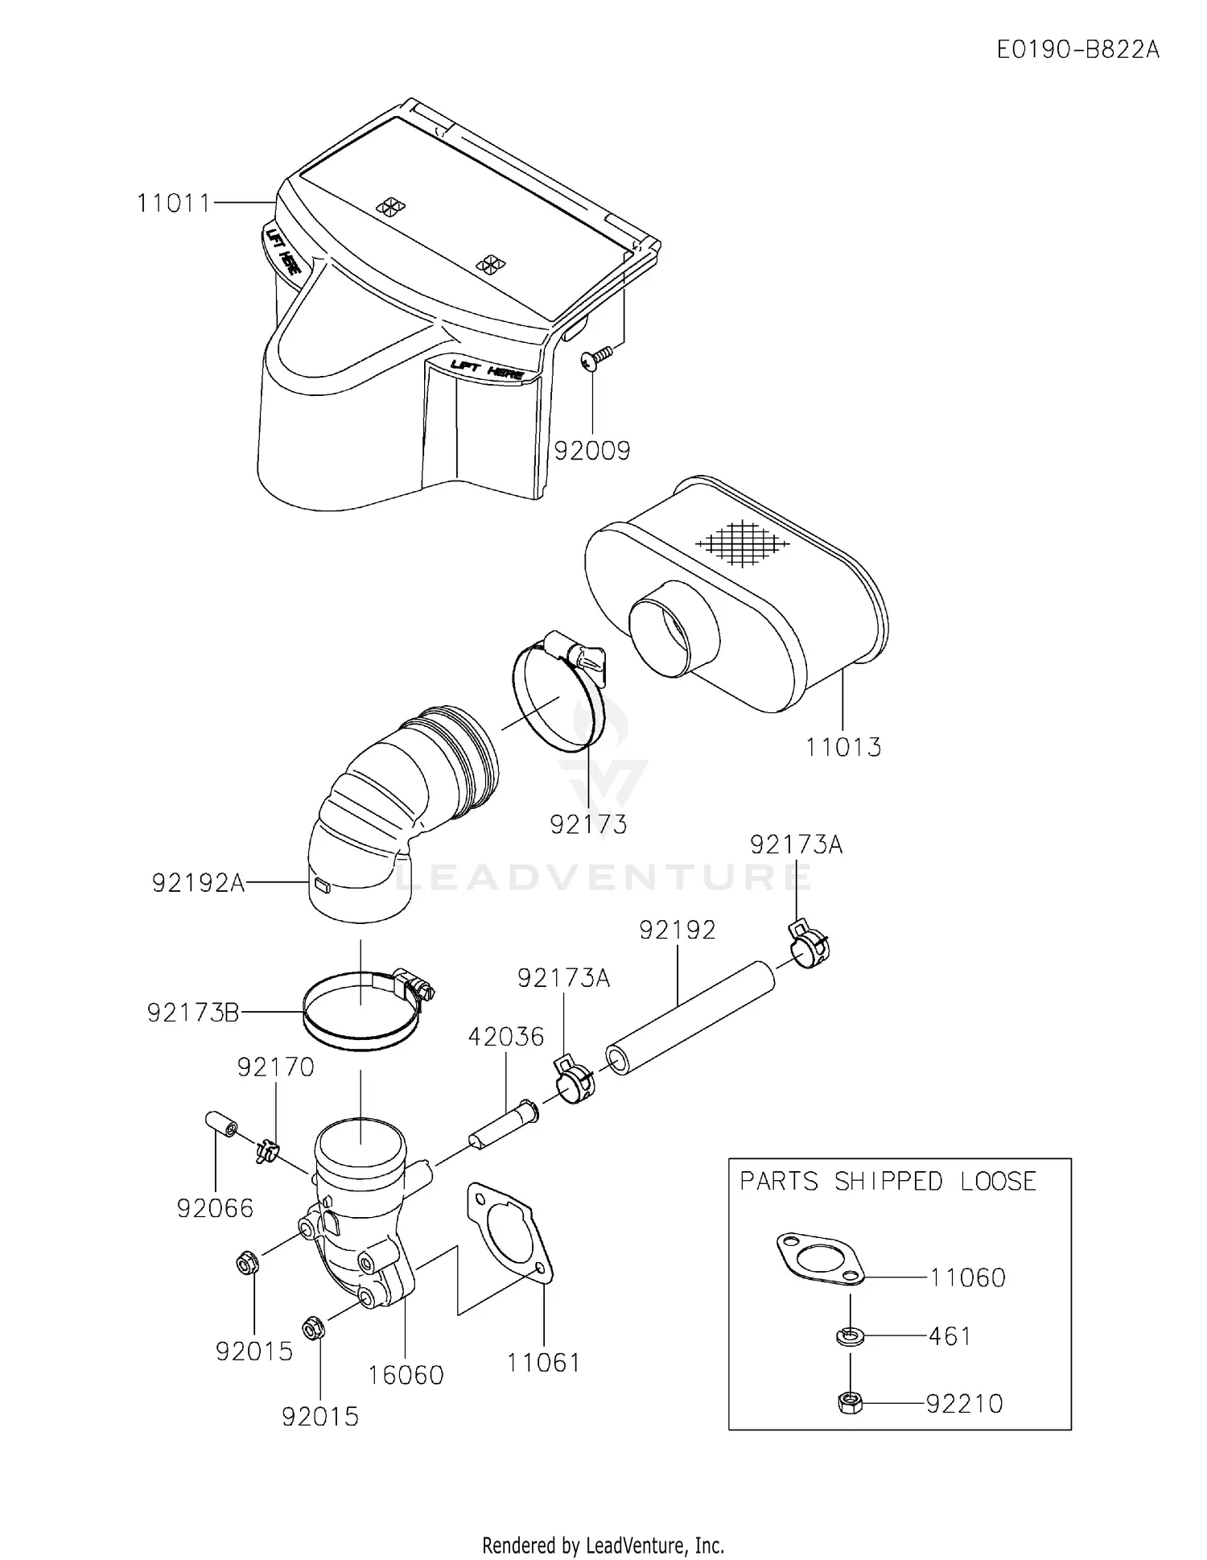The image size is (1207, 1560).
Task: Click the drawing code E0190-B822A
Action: point(1077,50)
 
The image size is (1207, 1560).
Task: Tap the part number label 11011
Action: point(173,203)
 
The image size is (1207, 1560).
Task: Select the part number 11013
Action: point(843,747)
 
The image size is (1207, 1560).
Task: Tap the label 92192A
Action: point(198,883)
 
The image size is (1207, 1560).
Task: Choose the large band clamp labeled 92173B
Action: point(362,1013)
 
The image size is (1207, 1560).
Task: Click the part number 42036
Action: point(506,1036)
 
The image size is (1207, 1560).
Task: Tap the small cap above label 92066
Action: point(220,1124)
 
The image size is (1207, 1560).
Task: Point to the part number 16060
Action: point(406,1374)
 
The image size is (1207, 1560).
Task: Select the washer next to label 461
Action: point(850,1337)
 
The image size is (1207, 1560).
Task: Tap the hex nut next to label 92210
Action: point(850,1404)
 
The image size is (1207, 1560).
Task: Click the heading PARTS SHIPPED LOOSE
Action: point(888,1182)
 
